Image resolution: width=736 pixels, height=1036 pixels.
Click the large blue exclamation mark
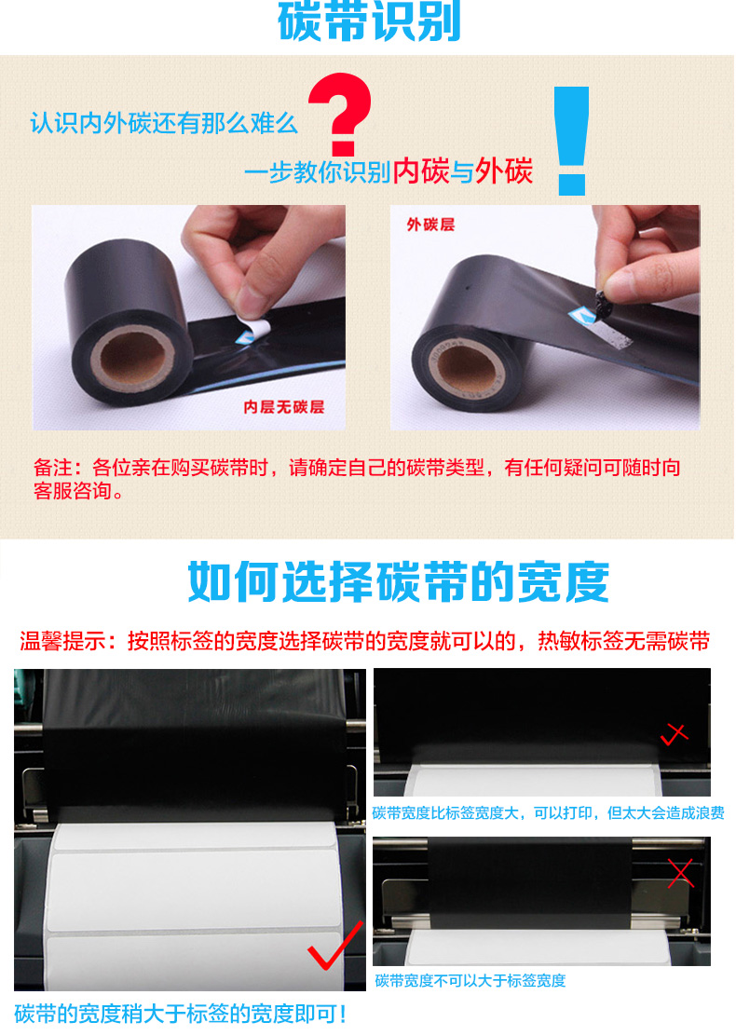571,140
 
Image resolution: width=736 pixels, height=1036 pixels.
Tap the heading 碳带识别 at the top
369,21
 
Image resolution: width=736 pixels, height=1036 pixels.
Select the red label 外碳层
430,225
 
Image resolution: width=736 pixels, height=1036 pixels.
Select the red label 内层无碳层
284,407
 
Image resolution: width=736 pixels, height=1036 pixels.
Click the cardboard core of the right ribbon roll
467,367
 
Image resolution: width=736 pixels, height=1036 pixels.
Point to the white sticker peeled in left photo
255,328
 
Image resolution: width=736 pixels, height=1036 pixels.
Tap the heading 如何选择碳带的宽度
399,582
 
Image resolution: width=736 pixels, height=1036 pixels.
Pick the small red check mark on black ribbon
675,733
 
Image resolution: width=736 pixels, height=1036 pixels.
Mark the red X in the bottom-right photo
680,874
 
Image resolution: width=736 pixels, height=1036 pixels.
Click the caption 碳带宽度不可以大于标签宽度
470,980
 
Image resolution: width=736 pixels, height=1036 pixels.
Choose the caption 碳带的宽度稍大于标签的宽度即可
180,1014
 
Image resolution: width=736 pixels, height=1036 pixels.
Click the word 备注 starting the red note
53,468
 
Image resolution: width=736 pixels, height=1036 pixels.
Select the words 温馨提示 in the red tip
61,641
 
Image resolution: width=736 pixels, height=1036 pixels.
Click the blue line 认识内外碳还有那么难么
164,123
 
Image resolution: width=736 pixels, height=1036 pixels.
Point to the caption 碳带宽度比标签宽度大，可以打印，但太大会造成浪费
549,812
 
